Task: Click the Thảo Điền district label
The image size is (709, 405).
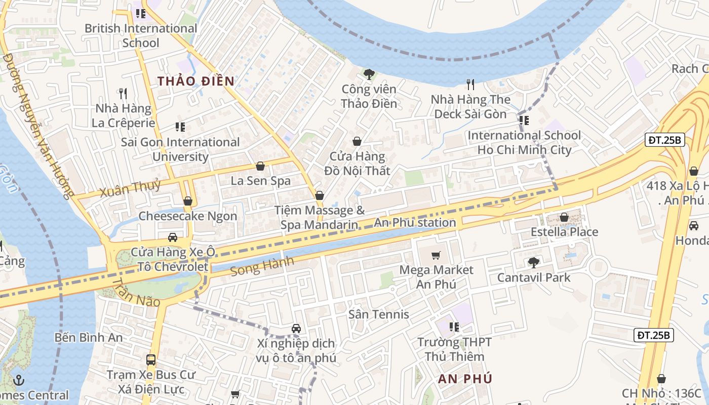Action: coord(195,81)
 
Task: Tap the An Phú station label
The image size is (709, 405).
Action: coord(415,222)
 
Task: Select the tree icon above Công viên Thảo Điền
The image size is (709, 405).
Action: coord(369,74)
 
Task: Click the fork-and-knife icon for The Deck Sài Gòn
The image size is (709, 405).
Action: coord(471,85)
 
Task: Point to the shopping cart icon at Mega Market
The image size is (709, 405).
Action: coord(436,256)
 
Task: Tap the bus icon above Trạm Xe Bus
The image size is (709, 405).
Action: coord(151,360)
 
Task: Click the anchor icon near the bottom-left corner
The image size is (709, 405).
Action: coord(19,380)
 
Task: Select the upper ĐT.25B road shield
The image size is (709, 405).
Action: coord(664,140)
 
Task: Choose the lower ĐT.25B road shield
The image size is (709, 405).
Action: coord(653,335)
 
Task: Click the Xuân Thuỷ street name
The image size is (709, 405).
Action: coord(130,188)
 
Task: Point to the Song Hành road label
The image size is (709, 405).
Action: coord(262,266)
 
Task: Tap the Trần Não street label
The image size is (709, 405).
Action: coord(135,293)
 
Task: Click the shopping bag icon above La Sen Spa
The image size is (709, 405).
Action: coord(260,166)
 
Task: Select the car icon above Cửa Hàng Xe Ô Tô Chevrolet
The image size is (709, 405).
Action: coord(172,237)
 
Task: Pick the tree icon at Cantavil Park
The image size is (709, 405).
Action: coord(533,262)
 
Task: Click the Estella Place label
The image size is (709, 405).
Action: coord(564,232)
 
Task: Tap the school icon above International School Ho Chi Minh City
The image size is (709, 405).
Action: coord(524,120)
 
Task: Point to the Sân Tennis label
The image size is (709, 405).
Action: coord(378,314)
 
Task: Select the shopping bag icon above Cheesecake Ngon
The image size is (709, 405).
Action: coord(188,201)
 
